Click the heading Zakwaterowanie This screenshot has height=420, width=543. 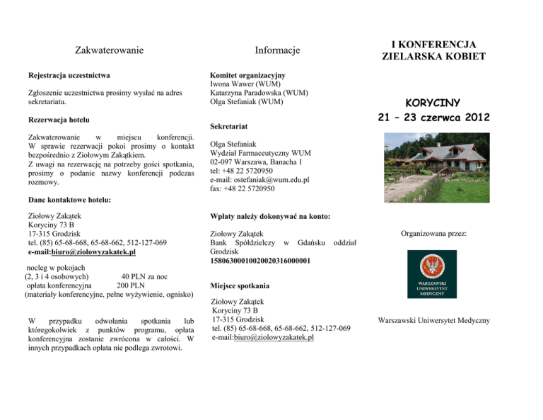tap(110, 50)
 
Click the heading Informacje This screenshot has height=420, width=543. tap(278, 50)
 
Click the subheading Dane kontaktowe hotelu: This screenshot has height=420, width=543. tap(69, 200)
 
